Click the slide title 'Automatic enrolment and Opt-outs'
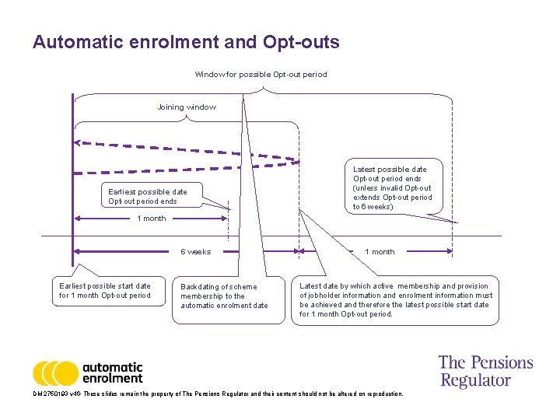pos(186,42)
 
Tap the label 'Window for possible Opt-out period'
pos(261,75)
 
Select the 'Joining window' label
pos(187,107)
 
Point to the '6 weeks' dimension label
pos(195,252)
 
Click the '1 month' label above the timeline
pos(151,219)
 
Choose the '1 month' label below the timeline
pos(380,252)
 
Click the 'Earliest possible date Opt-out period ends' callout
pos(148,197)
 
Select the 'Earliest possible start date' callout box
pos(105,290)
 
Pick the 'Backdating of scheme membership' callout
pos(223,296)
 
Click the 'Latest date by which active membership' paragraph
pos(395,299)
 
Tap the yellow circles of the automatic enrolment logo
pos(55,373)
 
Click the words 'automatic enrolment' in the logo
pos(112,373)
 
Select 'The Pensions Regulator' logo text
pos(485,371)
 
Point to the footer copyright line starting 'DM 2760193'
pos(218,394)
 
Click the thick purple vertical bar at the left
pos(72,187)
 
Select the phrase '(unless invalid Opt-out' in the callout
pos(391,188)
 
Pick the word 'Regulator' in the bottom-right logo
pos(475,380)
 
